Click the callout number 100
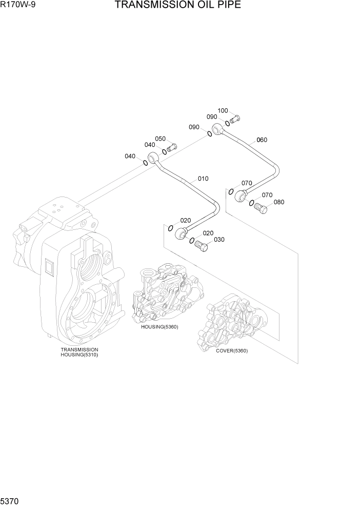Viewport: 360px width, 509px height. [223, 111]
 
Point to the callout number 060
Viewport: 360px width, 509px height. [262, 140]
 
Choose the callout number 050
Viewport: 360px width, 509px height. [160, 139]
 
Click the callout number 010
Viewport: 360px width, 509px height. [203, 179]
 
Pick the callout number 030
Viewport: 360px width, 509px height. [219, 240]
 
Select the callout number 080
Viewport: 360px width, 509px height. [278, 202]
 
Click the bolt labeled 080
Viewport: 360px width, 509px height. [261, 209]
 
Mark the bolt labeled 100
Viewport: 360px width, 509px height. [235, 120]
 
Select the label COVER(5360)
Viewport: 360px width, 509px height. [232, 350]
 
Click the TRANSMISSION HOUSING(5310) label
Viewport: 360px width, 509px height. [79, 352]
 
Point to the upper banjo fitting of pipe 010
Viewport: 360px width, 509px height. [153, 158]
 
